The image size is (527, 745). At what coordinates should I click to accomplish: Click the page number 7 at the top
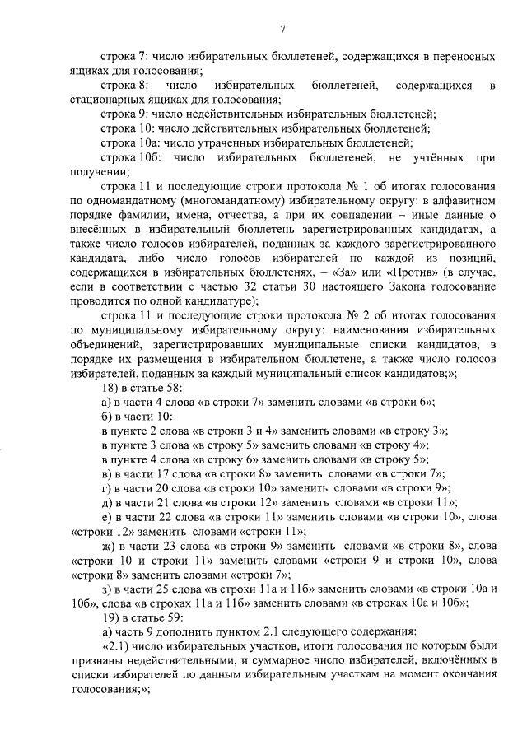coord(282,30)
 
